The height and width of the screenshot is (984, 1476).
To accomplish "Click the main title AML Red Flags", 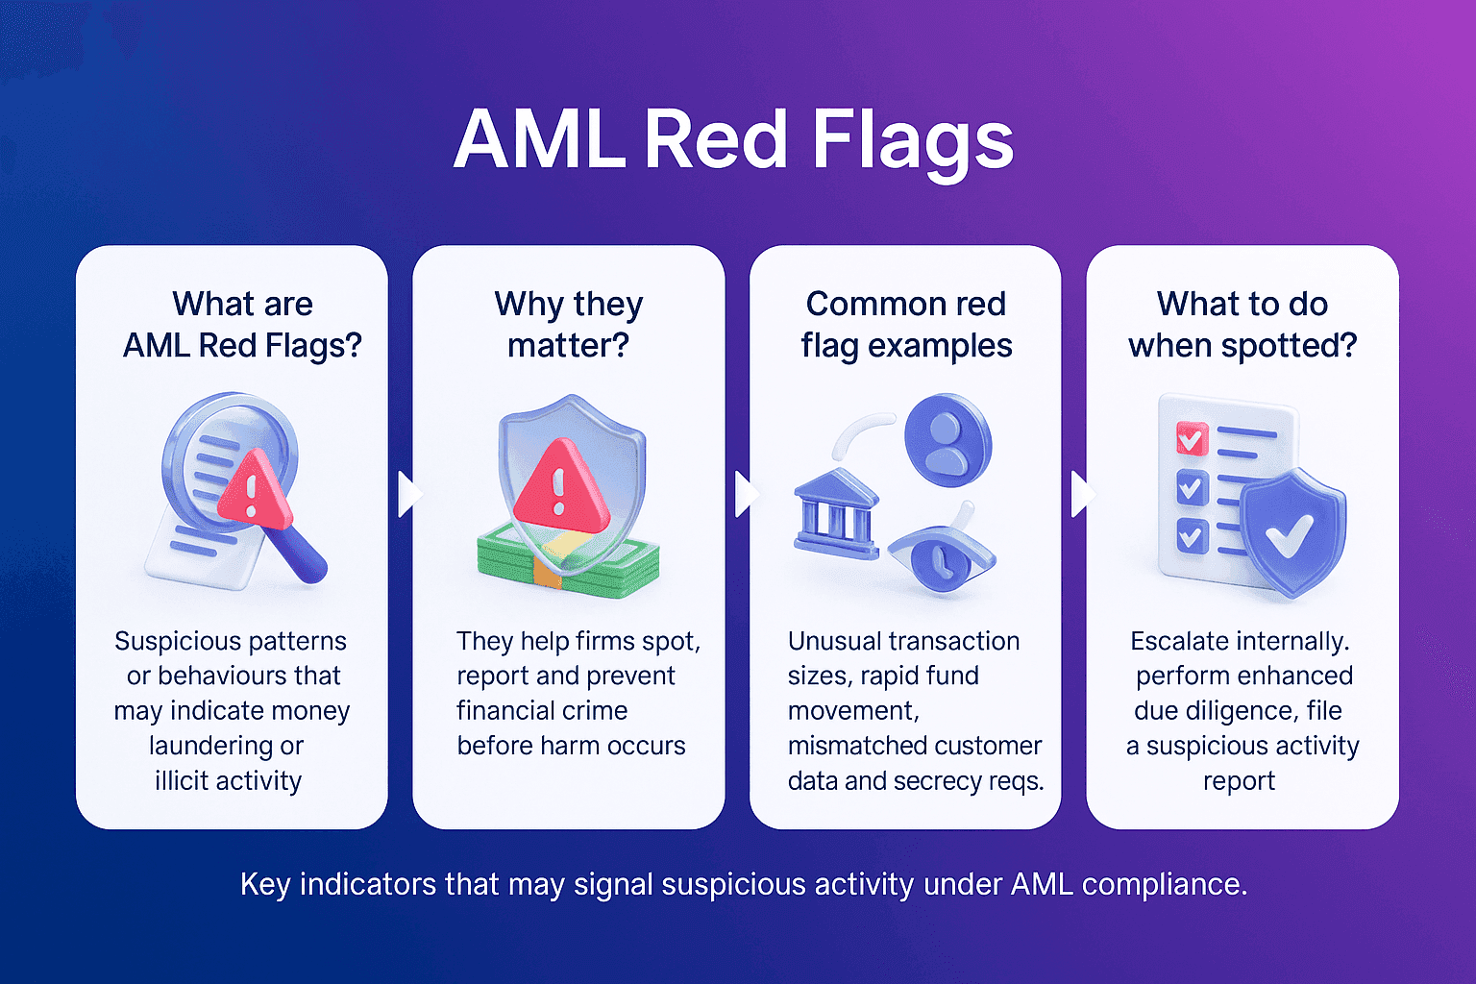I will pyautogui.click(x=733, y=140).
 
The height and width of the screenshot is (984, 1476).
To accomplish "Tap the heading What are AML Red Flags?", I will pyautogui.click(x=242, y=324).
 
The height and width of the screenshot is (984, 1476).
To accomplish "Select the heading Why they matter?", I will pyautogui.click(x=568, y=324).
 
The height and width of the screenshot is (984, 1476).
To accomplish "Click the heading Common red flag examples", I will pyautogui.click(x=905, y=324).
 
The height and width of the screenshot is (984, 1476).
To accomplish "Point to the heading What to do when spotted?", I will pyautogui.click(x=1242, y=324).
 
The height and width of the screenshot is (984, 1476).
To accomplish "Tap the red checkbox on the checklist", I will pyautogui.click(x=1192, y=439).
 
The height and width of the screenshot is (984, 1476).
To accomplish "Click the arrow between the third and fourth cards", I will pyautogui.click(x=1082, y=494).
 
